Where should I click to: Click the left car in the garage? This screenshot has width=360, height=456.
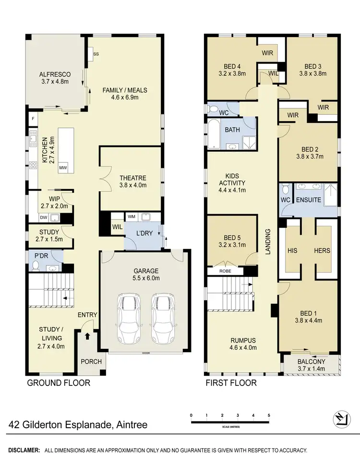tap(128, 319)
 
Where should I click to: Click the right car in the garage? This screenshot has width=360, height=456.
tap(161, 319)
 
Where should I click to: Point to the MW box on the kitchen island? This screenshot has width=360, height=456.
tap(63, 168)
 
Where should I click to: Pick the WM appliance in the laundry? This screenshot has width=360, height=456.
tap(132, 217)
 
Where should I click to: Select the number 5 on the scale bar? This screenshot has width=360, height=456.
tap(269, 415)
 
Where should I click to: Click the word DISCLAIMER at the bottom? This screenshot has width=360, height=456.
tap(20, 450)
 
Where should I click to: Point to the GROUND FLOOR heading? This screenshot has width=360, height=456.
tap(58, 383)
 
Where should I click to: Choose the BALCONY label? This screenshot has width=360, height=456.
tap(311, 362)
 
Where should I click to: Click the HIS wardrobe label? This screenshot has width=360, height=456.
tap(292, 250)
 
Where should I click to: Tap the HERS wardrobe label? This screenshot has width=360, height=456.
tap(323, 250)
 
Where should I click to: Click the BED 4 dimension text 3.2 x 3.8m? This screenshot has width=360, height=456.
tap(228, 74)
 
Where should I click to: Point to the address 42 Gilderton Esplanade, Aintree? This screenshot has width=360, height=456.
tap(78, 425)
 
